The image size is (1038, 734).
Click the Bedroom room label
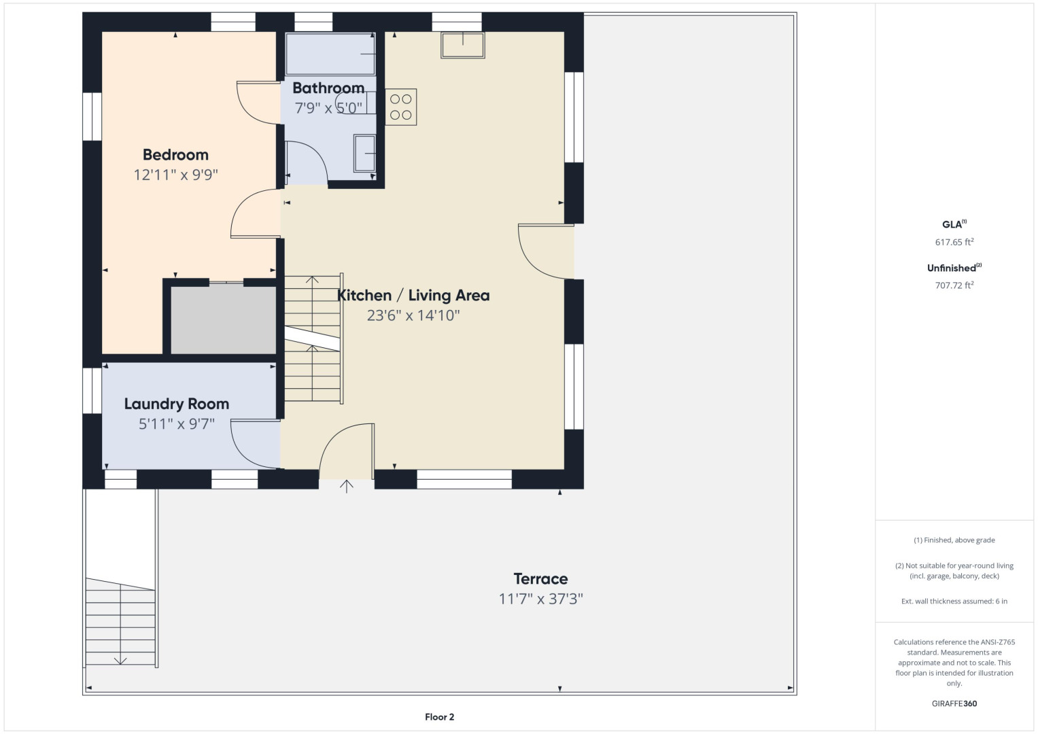coord(175,155)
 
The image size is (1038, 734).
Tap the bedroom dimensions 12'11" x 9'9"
coord(175,175)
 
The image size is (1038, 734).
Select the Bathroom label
coord(328,88)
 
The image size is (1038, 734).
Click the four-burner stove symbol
coord(401,107)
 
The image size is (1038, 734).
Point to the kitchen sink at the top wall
coord(462,45)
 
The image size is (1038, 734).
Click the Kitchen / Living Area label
coord(413,295)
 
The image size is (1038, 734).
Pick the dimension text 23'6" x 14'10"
coord(413,315)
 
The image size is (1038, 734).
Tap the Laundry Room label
coord(177,404)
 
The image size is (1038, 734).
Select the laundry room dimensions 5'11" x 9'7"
coord(177,424)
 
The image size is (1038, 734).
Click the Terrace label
coord(540,579)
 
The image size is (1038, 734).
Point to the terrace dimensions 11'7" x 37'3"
coord(540,599)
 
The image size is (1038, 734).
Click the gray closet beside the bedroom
coord(224,320)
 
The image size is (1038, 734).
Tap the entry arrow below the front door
coord(346,486)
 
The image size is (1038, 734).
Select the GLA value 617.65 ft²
coord(954,242)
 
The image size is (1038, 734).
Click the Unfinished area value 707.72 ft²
coord(954,285)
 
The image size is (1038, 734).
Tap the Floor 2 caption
coord(439,717)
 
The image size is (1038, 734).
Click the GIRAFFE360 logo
coord(954,703)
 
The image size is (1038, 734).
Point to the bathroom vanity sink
coord(364,154)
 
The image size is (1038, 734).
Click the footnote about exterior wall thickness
coord(954,601)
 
